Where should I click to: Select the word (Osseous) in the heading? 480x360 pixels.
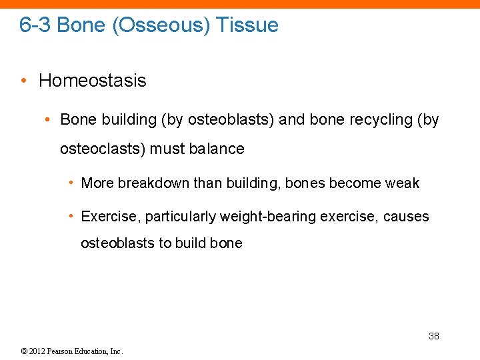tap(159, 25)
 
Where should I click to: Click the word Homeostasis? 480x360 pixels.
tap(93, 81)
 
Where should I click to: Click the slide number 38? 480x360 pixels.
tap(433, 336)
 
